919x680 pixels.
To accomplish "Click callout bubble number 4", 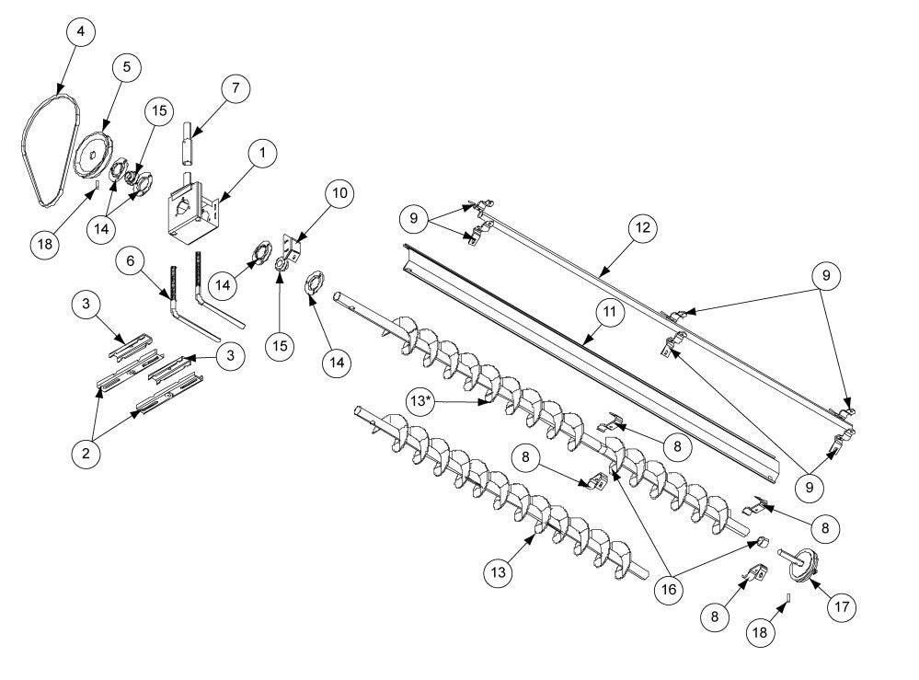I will (80, 32).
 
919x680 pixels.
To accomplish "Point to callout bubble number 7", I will (235, 88).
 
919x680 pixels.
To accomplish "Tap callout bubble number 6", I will (131, 262).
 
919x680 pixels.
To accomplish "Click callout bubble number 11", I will (610, 314).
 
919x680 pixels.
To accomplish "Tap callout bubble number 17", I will (843, 606).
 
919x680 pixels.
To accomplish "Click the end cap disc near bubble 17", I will (803, 564).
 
